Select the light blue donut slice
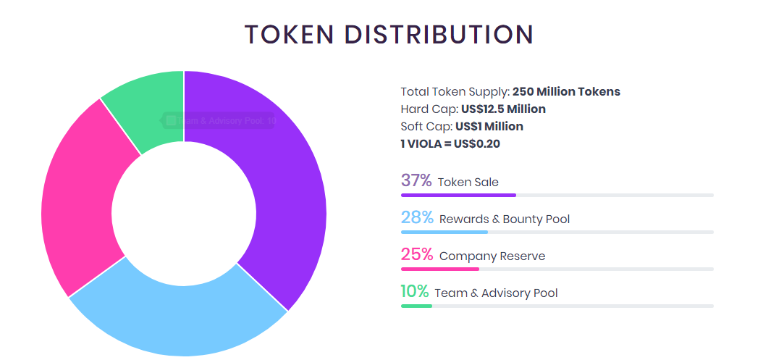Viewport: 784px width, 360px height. [181, 319]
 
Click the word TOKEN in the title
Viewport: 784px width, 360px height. [287, 35]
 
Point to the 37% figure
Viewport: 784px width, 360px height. [416, 180]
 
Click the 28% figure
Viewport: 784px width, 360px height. [417, 217]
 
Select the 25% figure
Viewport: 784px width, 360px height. [417, 255]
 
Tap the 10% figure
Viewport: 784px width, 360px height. [415, 292]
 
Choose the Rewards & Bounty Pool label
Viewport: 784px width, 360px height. [505, 219]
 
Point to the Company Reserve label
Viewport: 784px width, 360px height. [492, 256]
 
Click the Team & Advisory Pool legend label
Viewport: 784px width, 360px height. [496, 293]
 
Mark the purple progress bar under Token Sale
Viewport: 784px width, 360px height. [458, 195]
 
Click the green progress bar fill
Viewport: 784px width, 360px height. [416, 306]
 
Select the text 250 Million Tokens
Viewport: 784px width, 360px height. [566, 92]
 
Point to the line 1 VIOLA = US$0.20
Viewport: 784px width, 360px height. [450, 144]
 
